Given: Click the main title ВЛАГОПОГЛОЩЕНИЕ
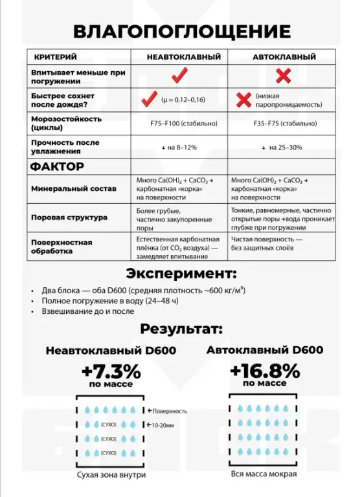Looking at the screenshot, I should tap(181, 32).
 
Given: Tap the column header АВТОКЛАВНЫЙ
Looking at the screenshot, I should tap(282, 57).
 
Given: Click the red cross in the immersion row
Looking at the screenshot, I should tap(283, 76).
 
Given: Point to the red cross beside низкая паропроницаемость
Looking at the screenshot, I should tap(243, 100).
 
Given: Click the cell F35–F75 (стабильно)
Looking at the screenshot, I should tap(282, 123).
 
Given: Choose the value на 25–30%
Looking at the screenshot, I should tap(282, 147).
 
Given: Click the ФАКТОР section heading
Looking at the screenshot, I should tap(57, 166).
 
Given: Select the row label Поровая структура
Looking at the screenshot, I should tap(69, 218).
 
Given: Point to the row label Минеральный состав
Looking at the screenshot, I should tap(73, 189).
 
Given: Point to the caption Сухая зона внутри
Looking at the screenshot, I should tap(111, 474).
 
